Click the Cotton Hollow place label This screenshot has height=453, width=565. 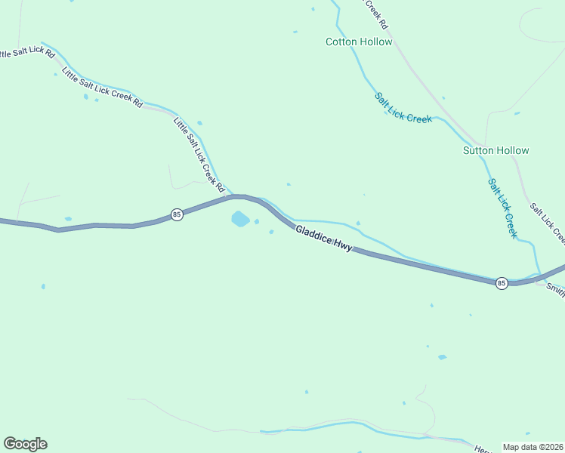tap(359, 42)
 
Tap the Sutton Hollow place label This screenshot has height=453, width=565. tap(496, 150)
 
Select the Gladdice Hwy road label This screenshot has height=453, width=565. tap(323, 239)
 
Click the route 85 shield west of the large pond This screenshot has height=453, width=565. tap(176, 214)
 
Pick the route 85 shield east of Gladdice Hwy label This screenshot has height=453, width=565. tap(502, 282)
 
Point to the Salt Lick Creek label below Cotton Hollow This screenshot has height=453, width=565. tap(403, 108)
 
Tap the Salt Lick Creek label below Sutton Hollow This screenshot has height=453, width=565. tap(502, 208)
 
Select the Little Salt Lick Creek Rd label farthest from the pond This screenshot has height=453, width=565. tap(103, 88)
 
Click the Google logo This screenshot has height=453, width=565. tap(25, 444)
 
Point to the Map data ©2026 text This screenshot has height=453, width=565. tap(533, 447)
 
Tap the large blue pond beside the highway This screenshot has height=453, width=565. tap(239, 219)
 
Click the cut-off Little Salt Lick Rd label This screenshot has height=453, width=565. tap(27, 54)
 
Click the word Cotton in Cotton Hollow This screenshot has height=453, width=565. tap(341, 42)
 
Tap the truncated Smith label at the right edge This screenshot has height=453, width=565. tap(555, 288)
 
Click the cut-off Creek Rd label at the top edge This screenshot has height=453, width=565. tap(377, 14)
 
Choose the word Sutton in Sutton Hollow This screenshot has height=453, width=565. tap(478, 150)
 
